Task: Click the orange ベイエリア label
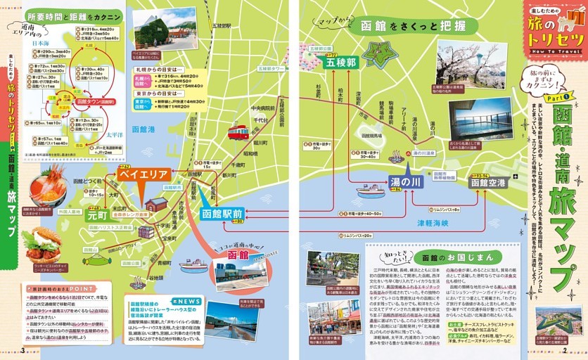(143, 174)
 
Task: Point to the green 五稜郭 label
(341, 63)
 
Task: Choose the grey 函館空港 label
(487, 183)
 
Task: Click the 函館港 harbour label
(143, 129)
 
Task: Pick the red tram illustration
(238, 131)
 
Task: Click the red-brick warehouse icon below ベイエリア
(156, 205)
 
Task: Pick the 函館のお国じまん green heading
(447, 257)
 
